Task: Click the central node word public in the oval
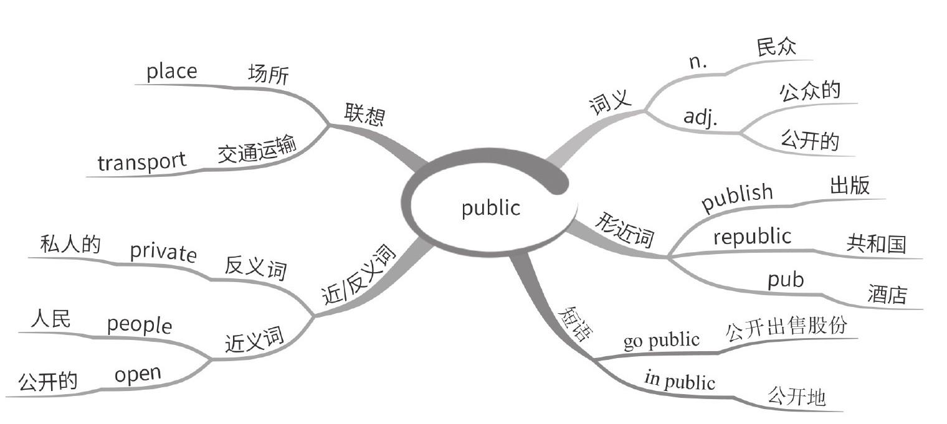click(x=490, y=207)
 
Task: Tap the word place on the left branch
click(x=171, y=72)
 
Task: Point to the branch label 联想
click(x=364, y=115)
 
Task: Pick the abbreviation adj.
click(x=700, y=117)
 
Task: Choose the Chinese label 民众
click(x=776, y=47)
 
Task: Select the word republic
click(x=752, y=237)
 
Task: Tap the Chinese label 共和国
click(x=876, y=243)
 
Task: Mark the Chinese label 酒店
click(x=887, y=294)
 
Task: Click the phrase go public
click(x=661, y=341)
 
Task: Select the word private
click(x=163, y=252)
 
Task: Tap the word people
click(x=139, y=324)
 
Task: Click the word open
click(x=138, y=375)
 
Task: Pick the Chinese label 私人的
click(x=70, y=243)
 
